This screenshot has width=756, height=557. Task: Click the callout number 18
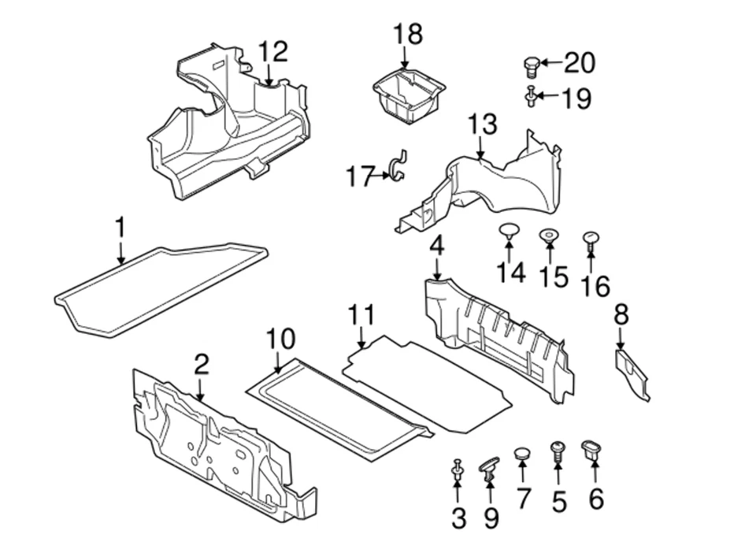[x=408, y=35]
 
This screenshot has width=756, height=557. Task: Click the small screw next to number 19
[x=531, y=96]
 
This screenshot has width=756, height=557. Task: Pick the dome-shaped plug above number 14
[x=510, y=232]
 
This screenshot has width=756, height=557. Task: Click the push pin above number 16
[x=591, y=240]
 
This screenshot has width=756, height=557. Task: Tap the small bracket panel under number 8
[x=633, y=373]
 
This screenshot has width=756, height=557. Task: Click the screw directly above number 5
[x=558, y=451]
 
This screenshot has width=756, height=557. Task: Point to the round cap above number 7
[x=522, y=453]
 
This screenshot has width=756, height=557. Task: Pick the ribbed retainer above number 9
[x=490, y=468]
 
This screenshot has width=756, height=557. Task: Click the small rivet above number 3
[x=457, y=469]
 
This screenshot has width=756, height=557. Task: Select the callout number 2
[x=202, y=364]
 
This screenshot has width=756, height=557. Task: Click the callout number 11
[x=361, y=314]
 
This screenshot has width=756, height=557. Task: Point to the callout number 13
[x=483, y=124]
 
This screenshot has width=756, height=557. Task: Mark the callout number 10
[x=280, y=339]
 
